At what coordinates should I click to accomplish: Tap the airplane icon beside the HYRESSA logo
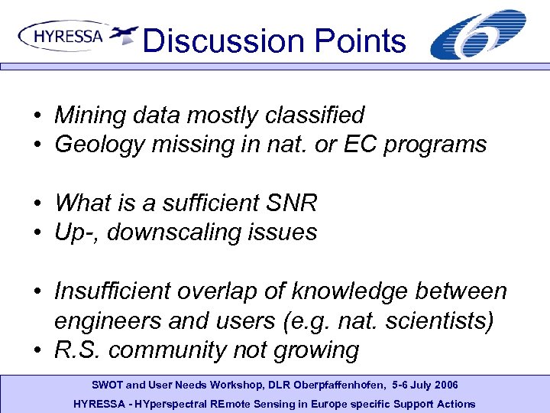pos(124,35)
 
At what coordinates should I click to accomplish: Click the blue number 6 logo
pos(477,34)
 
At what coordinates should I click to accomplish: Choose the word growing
pos(320,350)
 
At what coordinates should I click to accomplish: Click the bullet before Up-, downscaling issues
pos(37,233)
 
